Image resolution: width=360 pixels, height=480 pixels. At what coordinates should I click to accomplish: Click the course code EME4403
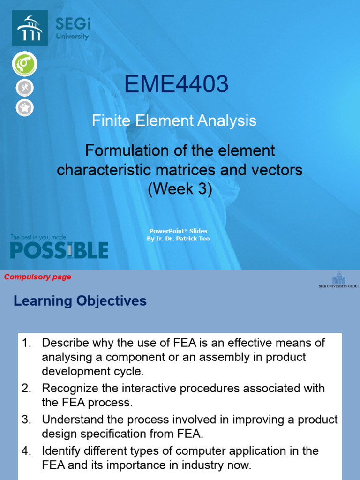tap(176, 85)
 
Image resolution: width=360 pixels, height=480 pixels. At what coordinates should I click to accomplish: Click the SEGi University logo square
tap(30, 28)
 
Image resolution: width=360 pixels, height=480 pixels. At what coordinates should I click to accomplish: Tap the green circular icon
tap(24, 64)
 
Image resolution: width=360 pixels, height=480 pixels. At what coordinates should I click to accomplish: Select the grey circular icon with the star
tap(24, 107)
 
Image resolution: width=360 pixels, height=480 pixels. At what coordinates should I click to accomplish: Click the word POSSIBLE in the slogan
tap(59, 250)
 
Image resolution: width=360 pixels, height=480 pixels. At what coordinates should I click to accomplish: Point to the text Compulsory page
tap(37, 277)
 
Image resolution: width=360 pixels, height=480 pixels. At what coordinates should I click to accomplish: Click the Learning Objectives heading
tap(80, 301)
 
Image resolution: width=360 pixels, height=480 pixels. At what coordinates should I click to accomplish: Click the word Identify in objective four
tap(58, 451)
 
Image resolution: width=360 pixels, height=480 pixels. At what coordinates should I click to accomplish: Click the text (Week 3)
tap(180, 189)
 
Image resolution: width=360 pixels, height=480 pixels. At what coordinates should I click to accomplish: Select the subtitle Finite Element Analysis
tap(174, 121)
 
